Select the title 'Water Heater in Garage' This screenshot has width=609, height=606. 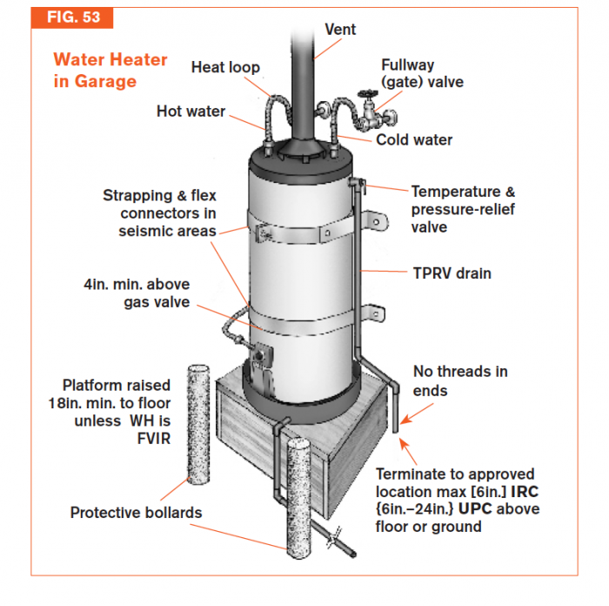110,71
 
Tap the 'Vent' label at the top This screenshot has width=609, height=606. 340,29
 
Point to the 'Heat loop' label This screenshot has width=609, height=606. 225,67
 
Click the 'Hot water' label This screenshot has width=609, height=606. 191,111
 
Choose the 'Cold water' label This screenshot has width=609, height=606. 414,139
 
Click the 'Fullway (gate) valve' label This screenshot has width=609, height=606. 422,73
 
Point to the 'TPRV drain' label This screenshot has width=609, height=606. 451,273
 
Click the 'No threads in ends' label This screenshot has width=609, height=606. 459,381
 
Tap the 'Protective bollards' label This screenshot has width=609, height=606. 136,513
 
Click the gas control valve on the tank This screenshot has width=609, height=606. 262,360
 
